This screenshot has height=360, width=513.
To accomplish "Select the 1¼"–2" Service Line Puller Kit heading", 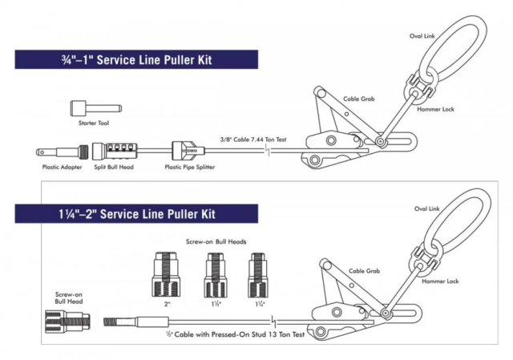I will point(136,214).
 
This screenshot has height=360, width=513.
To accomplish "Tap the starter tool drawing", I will point(94,107).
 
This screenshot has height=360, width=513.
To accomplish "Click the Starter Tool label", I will point(94,123).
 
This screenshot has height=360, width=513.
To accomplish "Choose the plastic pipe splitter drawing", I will point(185,151).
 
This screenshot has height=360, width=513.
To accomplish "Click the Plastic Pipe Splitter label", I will point(190,168).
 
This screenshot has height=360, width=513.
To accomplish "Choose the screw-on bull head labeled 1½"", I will point(214,274).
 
